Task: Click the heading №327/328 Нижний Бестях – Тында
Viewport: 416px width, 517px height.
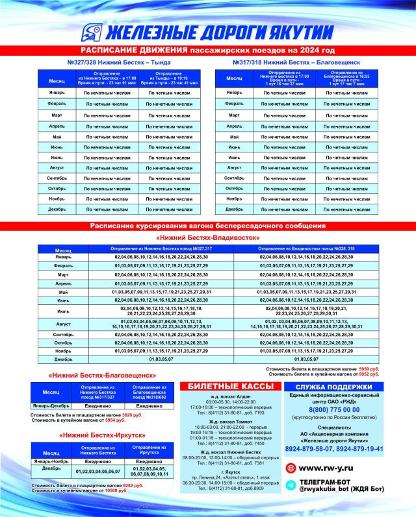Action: click(x=120, y=62)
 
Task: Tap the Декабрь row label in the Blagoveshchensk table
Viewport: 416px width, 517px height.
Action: click(x=235, y=210)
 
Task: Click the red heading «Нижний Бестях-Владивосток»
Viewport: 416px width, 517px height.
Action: click(x=207, y=237)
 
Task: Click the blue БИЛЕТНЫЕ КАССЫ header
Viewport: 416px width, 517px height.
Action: click(x=231, y=386)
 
